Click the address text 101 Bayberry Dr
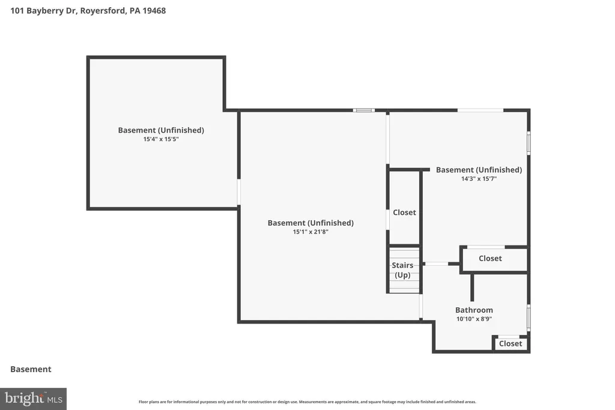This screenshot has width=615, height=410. [44, 11]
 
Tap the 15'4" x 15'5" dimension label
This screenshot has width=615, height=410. [161, 139]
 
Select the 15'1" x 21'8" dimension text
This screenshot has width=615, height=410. [311, 232]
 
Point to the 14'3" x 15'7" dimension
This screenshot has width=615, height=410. [479, 179]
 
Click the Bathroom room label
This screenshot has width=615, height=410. [474, 310]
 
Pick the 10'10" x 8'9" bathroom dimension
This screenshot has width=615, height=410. [474, 319]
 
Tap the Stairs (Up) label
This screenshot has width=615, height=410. [402, 270]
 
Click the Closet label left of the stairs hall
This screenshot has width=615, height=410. [404, 213]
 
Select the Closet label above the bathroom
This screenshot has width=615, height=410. [490, 258]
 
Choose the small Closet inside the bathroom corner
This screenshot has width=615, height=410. [510, 344]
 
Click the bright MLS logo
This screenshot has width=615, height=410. [34, 399]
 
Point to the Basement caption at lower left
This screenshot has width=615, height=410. [31, 369]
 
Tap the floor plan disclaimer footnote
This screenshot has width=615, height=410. [307, 402]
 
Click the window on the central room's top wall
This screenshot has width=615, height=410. [363, 110]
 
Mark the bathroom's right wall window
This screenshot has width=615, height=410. [529, 318]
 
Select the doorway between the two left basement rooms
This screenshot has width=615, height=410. [238, 192]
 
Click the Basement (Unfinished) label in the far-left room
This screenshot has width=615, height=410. [161, 130]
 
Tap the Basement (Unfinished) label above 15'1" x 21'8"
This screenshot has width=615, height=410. [311, 223]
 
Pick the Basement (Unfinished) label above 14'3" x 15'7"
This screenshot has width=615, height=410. [479, 170]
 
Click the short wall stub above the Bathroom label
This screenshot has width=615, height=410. [472, 288]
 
